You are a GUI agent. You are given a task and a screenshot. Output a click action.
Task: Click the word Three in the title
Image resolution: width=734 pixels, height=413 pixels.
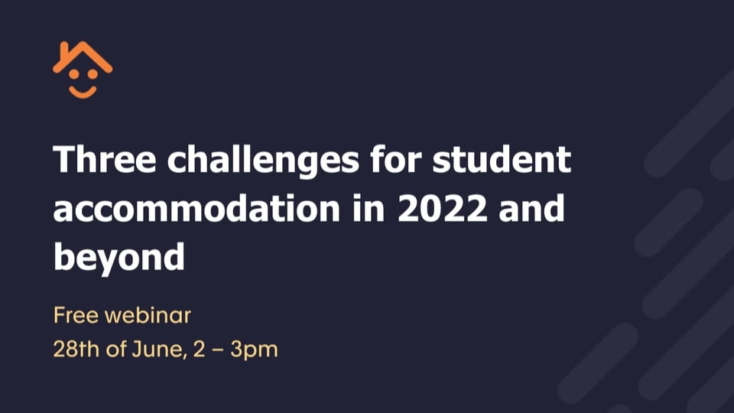pos(105,159)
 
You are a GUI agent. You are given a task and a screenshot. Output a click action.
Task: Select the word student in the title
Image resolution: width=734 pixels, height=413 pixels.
pos(502,159)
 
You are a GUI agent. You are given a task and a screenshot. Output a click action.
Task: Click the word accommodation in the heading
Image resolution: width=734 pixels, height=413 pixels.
pos(196,208)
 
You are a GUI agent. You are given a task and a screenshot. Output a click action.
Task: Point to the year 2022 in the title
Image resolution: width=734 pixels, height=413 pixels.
pos(443,209)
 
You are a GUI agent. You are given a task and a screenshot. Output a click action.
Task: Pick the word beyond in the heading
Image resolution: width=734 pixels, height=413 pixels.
pos(119,258)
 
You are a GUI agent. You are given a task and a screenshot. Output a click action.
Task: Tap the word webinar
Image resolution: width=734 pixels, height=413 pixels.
pos(148,315)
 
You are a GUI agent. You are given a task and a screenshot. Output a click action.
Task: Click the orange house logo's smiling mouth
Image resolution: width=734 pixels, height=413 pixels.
pos(83,92)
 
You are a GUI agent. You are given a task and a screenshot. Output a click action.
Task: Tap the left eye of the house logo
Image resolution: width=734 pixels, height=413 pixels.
pos(74,74)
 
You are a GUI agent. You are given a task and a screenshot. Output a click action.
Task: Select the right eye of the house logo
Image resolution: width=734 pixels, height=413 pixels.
pos(93,74)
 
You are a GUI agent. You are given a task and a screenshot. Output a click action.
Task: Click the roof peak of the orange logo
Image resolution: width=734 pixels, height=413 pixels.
pos(83,44)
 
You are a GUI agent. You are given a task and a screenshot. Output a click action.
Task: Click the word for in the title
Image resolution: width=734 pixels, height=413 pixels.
pos(395,159)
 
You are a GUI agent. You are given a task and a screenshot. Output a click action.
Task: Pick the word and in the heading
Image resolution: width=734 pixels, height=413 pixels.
pos(531,208)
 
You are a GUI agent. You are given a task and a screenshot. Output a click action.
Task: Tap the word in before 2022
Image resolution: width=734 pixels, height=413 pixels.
pos(369,208)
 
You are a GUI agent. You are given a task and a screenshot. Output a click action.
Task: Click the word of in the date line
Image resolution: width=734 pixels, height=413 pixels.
pos(115,350)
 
